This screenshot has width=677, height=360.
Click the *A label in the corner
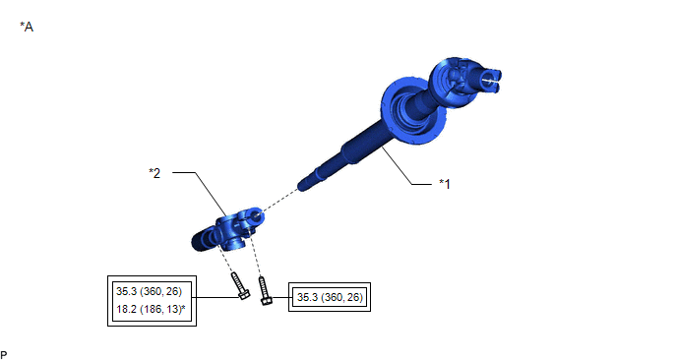point(27,27)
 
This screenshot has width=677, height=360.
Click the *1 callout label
point(445,184)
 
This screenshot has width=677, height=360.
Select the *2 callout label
point(154,173)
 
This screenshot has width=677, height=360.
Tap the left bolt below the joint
point(240,286)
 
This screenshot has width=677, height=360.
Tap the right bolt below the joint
point(265,290)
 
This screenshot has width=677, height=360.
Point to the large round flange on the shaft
point(412,111)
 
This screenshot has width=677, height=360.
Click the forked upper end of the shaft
point(488,81)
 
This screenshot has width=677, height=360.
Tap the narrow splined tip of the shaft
point(312,181)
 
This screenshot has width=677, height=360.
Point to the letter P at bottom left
point(4,355)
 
